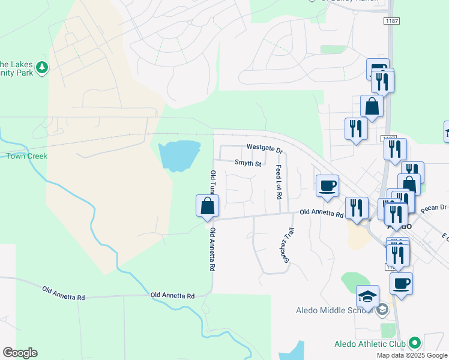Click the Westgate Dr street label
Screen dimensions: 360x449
click(x=264, y=148)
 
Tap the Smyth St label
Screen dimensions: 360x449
click(x=248, y=163)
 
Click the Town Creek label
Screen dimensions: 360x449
click(x=26, y=156)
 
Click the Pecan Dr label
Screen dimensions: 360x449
click(x=435, y=208)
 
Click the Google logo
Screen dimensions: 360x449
click(x=20, y=353)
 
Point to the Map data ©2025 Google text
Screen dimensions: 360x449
click(x=412, y=355)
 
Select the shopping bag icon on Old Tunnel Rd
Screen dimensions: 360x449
click(x=207, y=206)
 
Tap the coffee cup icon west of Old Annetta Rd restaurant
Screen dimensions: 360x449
click(x=327, y=185)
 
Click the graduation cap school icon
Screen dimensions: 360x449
click(x=367, y=296)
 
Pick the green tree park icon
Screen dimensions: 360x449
click(x=42, y=68)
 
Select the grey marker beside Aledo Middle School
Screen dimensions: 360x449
click(x=381, y=310)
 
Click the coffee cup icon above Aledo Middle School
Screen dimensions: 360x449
click(x=401, y=283)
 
